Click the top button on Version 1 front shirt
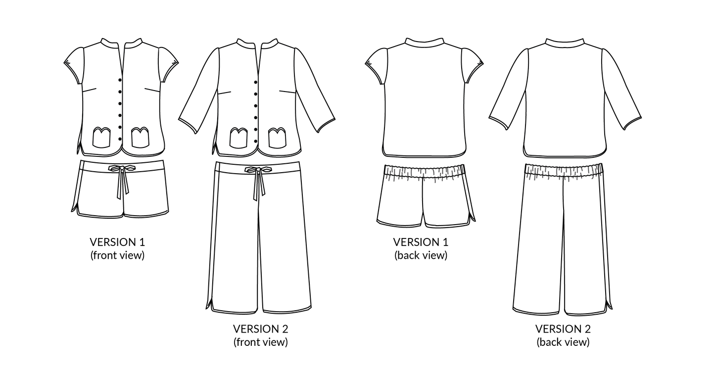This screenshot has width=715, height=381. (120, 80)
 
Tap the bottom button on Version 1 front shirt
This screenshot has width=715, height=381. (120, 139)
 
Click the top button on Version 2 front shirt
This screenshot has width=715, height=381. (256, 82)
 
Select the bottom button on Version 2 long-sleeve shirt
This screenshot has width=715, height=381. (256, 142)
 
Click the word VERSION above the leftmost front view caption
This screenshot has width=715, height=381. (109, 242)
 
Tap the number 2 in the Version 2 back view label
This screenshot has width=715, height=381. (587, 329)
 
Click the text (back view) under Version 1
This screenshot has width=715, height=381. (421, 255)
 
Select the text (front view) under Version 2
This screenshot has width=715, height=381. (260, 342)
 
